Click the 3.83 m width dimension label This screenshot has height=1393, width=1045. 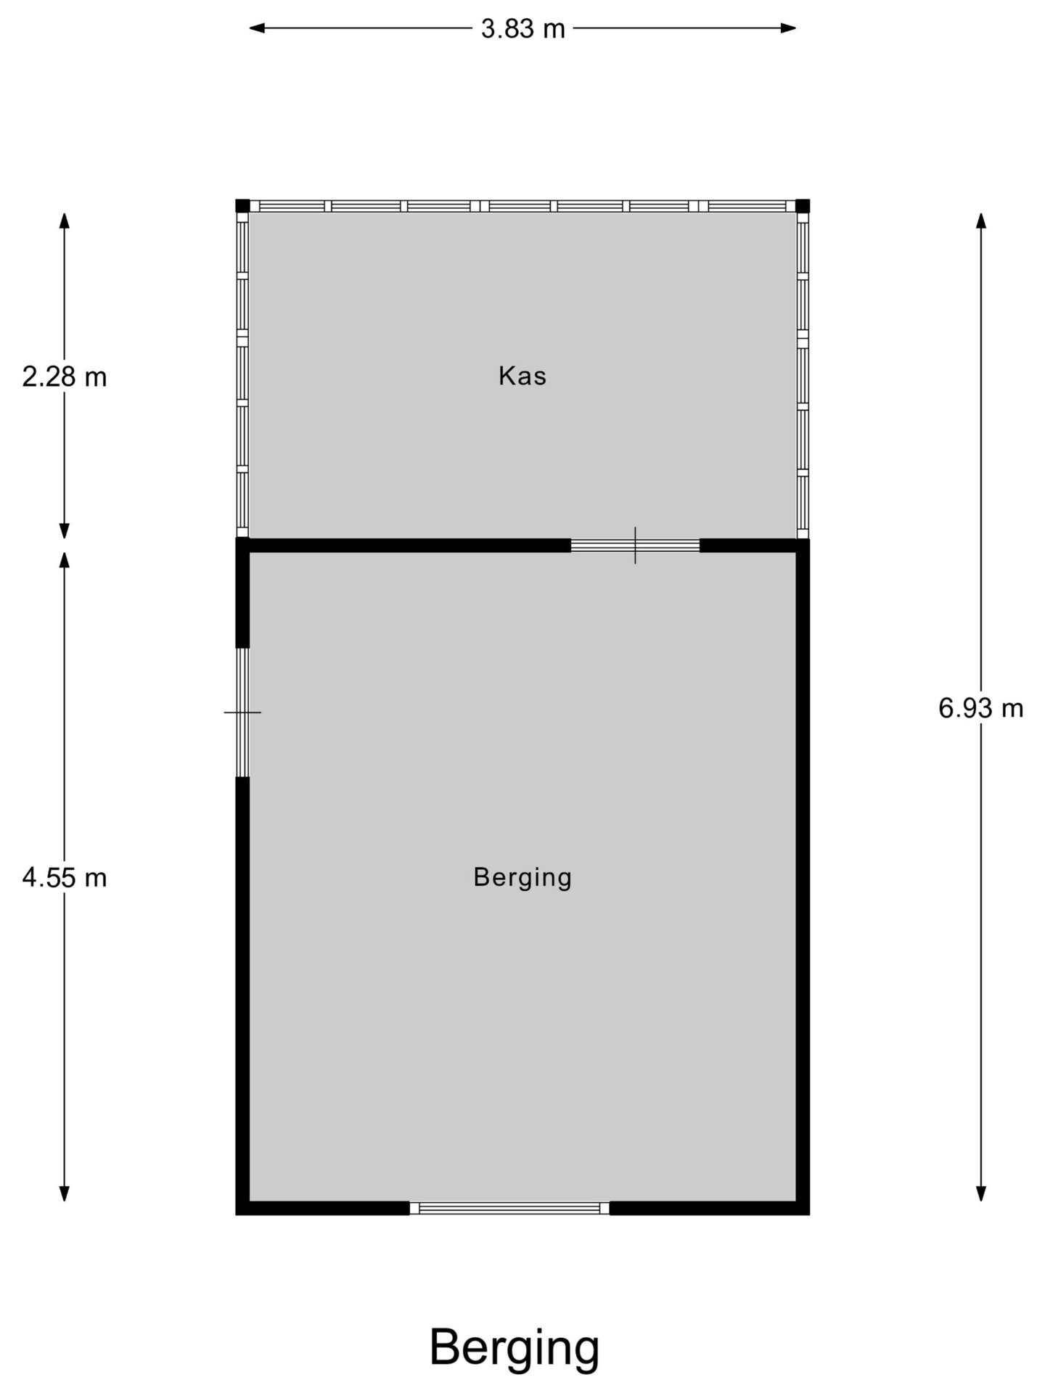click(522, 29)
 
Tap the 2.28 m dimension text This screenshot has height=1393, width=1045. click(65, 377)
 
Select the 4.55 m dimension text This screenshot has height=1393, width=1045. click(65, 878)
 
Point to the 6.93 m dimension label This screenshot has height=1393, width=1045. click(981, 708)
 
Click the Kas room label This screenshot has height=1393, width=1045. click(522, 376)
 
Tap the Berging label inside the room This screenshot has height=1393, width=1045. click(522, 878)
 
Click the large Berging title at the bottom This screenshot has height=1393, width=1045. click(515, 1348)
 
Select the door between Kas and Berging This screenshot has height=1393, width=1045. click(635, 546)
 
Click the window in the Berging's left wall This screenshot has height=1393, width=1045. click(242, 712)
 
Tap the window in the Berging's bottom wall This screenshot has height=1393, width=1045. click(509, 1208)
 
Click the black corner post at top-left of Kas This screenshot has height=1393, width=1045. click(242, 206)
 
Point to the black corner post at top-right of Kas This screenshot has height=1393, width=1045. click(803, 206)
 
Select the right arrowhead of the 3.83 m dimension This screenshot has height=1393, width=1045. click(789, 28)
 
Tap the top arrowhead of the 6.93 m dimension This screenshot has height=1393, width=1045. click(981, 221)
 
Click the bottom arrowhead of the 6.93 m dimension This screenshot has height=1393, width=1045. click(981, 1193)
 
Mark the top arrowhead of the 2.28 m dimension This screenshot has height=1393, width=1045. click(65, 221)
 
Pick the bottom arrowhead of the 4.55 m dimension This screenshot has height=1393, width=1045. click(65, 1193)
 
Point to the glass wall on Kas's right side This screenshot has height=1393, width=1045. click(803, 375)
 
